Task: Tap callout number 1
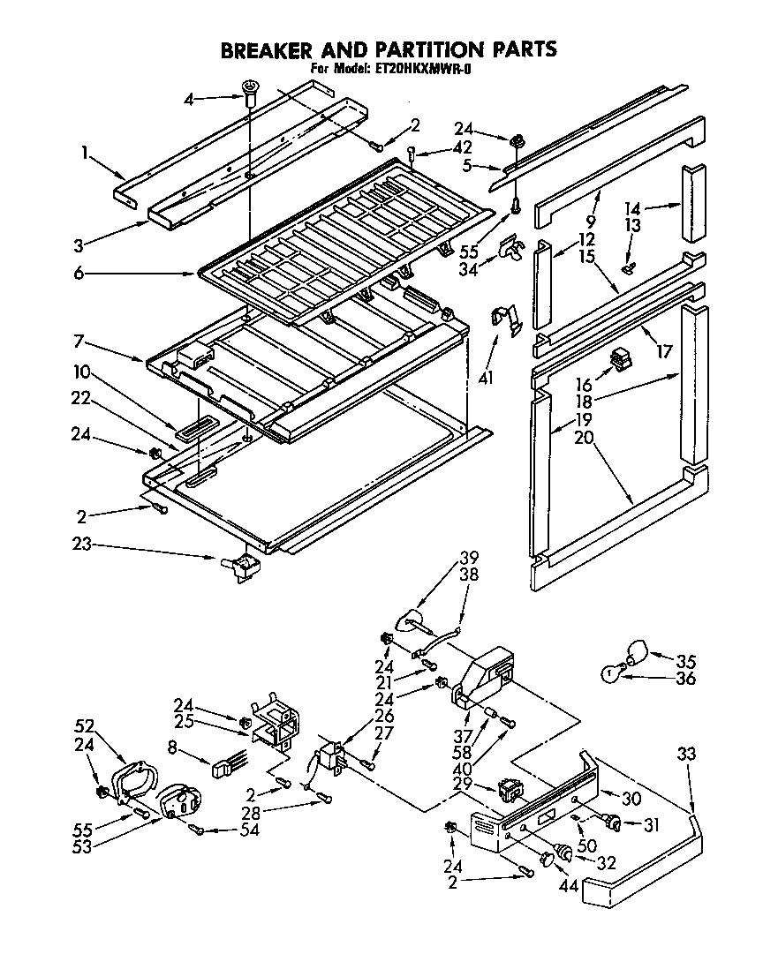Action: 85,152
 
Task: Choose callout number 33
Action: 687,755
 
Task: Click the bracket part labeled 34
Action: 510,251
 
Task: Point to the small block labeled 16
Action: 622,358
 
